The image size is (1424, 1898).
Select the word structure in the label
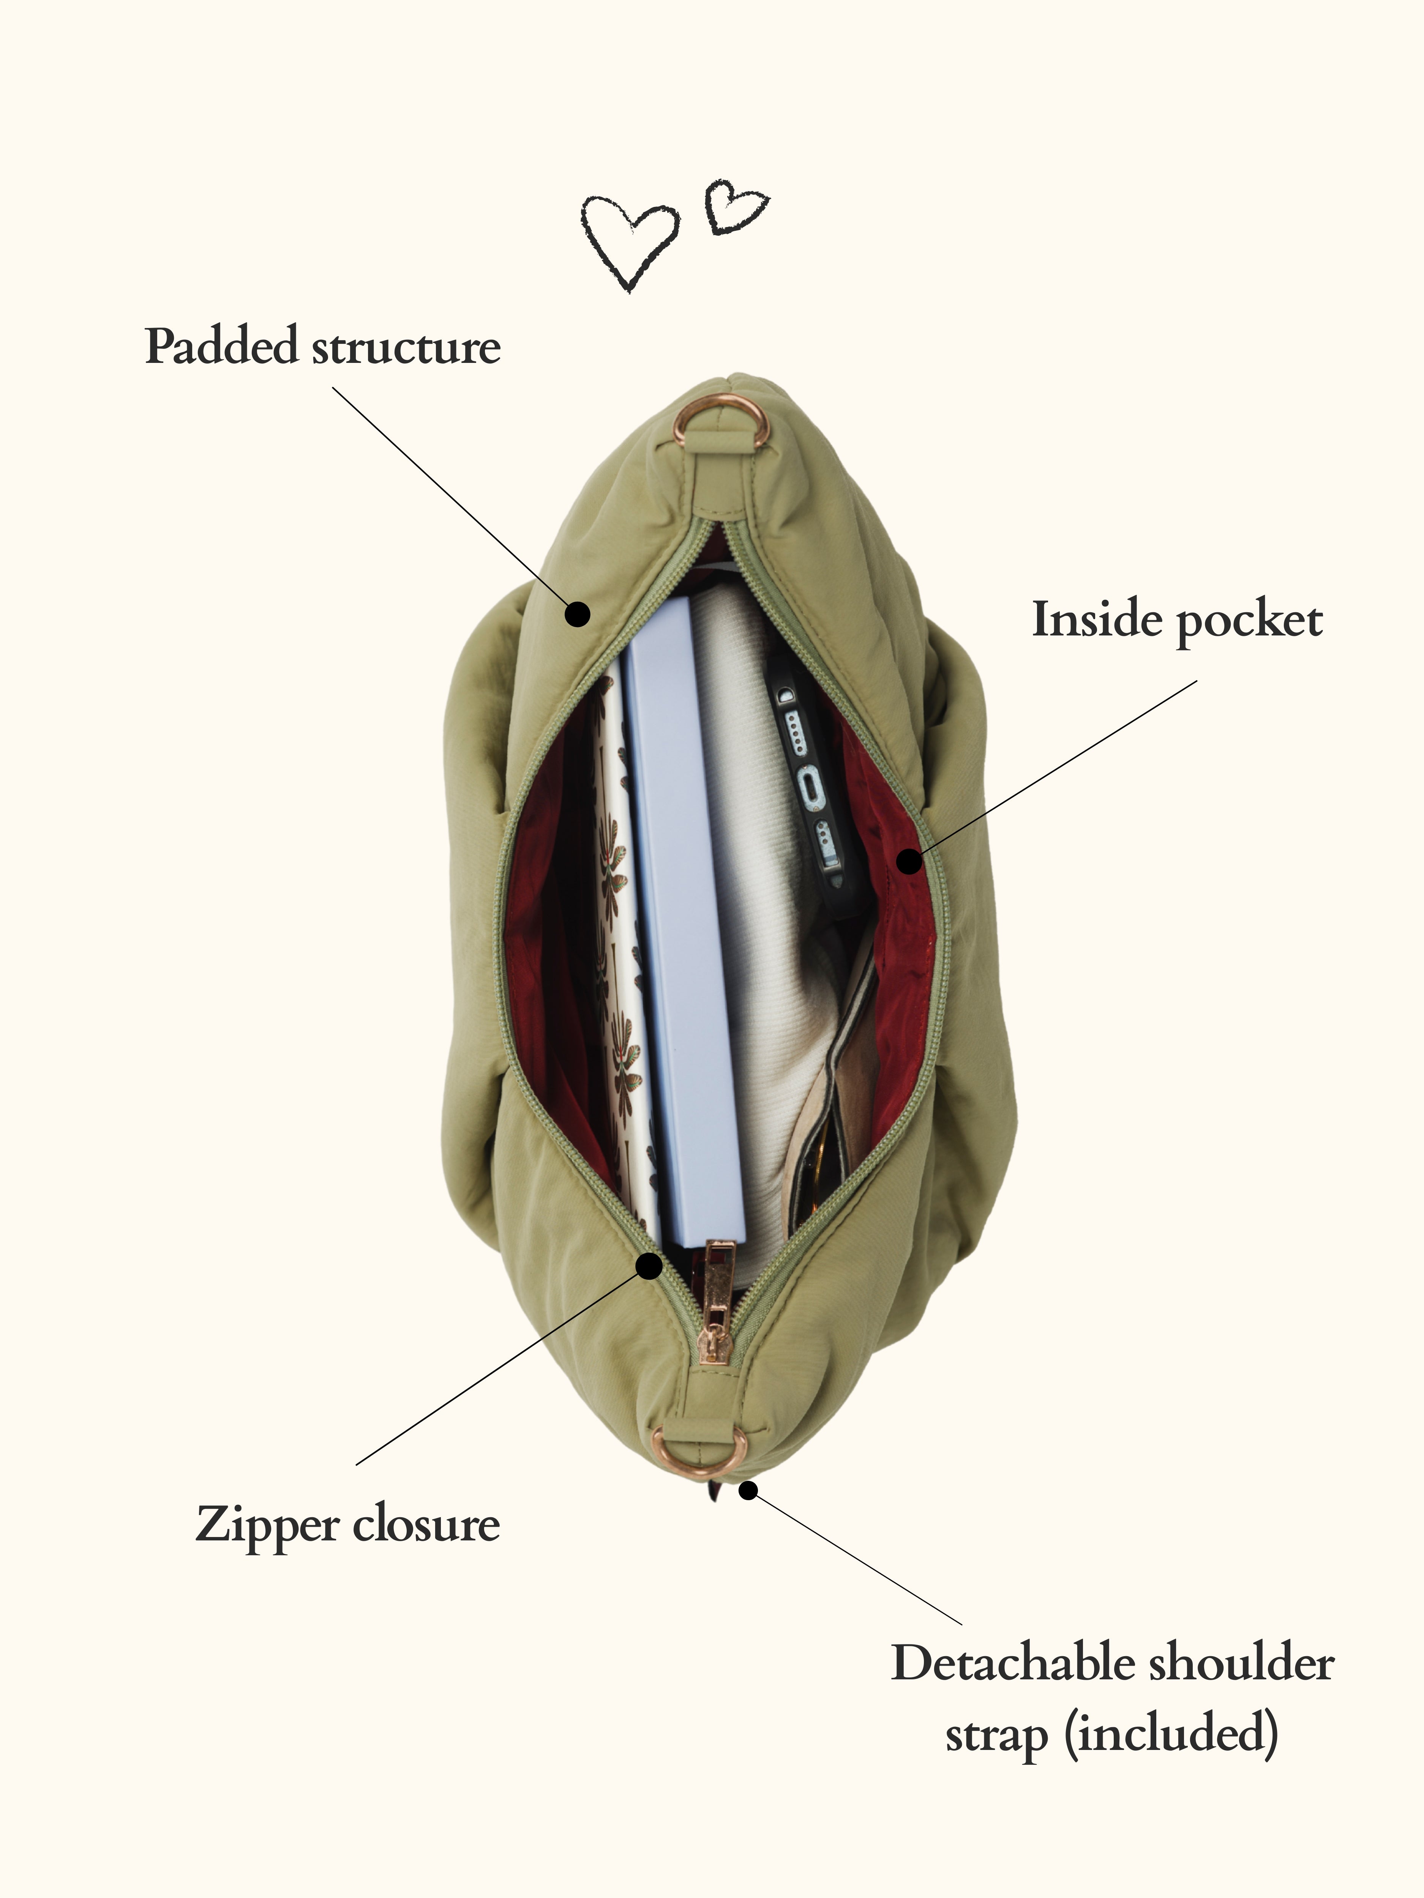point(406,348)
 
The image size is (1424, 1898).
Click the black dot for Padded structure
point(578,613)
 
